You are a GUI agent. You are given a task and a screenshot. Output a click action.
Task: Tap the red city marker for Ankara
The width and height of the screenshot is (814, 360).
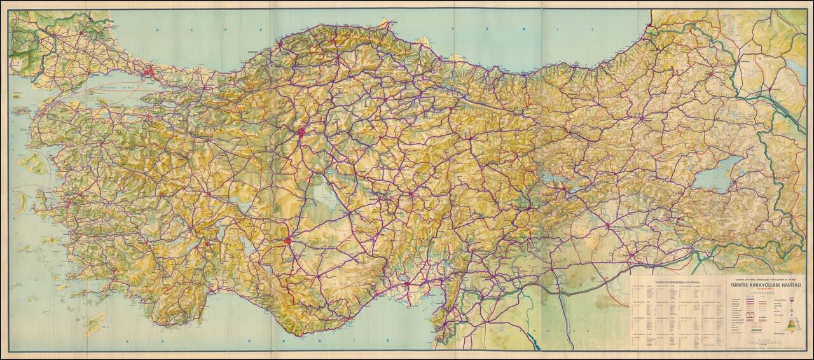tap(301, 133)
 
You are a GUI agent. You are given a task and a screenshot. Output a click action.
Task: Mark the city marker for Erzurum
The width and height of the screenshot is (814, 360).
tap(642, 118)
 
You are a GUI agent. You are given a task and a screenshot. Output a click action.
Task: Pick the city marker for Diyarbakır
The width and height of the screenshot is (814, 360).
tap(607, 225)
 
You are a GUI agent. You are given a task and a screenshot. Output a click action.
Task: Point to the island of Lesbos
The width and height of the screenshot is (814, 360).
tap(34, 164)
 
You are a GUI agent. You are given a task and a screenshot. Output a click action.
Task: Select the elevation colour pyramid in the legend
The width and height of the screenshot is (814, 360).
tap(792, 318)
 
